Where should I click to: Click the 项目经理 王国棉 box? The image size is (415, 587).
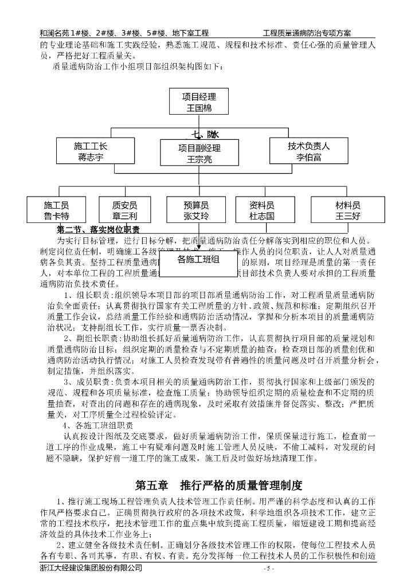pyautogui.click(x=199, y=101)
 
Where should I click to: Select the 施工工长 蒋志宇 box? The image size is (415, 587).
pyautogui.click(x=91, y=152)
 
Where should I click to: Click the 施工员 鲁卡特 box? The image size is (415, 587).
pyautogui.click(x=57, y=210)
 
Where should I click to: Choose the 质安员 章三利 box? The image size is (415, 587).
pyautogui.click(x=125, y=210)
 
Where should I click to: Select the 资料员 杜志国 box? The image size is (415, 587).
pyautogui.click(x=262, y=210)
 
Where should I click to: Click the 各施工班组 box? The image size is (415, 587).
pyautogui.click(x=199, y=259)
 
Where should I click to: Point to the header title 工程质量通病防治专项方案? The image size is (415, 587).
pyautogui.click(x=307, y=34)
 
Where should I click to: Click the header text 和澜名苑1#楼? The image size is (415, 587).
pyautogui.click(x=62, y=34)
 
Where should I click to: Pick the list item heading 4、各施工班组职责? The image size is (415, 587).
pyautogui.click(x=97, y=426)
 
